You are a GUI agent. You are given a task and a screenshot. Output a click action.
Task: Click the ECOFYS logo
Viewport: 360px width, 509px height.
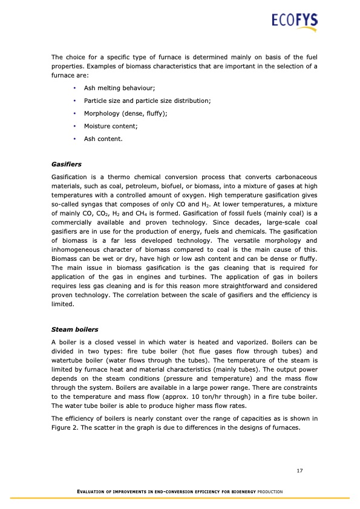294,22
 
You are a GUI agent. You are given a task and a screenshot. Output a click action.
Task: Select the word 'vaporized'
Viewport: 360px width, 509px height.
232,342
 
